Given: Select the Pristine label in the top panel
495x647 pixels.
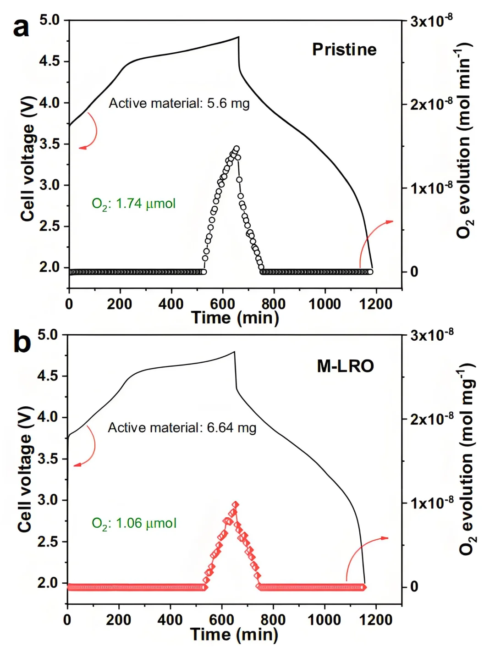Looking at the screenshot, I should (344, 50).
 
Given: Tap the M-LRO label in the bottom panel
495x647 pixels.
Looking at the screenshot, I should (346, 366).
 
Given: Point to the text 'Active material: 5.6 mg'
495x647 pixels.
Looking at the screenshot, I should (179, 103).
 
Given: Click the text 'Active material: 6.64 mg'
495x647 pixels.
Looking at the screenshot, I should (182, 428).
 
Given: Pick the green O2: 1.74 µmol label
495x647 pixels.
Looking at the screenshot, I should (133, 204).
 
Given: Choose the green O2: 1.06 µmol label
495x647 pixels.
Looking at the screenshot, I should (134, 523).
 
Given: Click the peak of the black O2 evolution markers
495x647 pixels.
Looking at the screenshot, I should (236, 149).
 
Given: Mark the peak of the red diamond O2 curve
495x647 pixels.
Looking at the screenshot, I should (235, 504).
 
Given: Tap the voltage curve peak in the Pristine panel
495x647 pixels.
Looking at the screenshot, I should (238, 37).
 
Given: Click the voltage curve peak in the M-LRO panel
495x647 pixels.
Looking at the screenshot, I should (234, 352).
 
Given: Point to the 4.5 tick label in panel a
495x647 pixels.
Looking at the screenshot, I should (49, 61).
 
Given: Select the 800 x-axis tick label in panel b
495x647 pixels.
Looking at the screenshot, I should (273, 619).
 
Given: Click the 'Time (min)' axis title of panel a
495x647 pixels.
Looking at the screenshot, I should (235, 317).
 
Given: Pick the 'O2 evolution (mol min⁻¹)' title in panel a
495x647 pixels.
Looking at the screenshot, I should (464, 140).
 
